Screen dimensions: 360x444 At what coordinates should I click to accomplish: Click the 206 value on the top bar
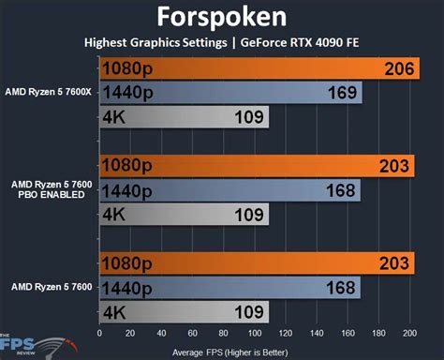coord(397,68)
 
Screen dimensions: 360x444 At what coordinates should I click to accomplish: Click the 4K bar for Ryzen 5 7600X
coord(184,117)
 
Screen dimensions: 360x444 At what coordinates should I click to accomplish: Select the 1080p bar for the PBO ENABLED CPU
coord(253,166)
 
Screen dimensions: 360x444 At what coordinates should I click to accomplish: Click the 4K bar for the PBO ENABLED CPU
coord(184,215)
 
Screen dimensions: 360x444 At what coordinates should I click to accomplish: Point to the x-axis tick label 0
coord(99,333)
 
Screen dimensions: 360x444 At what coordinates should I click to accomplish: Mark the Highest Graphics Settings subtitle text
coord(155,42)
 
